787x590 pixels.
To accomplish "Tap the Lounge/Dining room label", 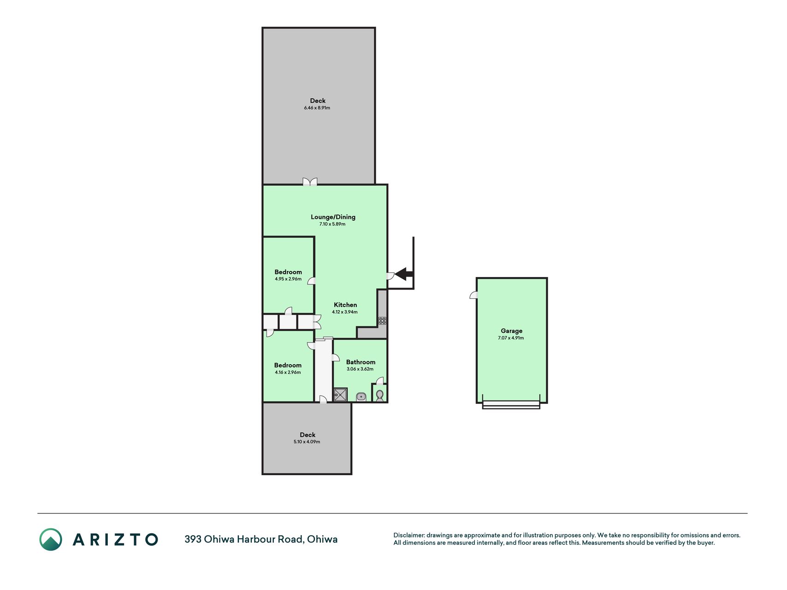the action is coord(333,217).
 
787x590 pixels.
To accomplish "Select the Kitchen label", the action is coord(345,305).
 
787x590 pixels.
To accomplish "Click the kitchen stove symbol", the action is coord(382,321).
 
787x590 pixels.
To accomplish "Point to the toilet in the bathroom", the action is coord(379,395).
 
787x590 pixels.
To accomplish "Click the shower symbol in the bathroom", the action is coord(340,395).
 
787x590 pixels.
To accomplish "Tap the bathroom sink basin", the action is coord(361,396).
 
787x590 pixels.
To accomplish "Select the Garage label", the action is coord(512,331).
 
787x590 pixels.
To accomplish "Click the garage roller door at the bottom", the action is coord(511,404).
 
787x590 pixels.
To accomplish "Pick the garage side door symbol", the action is coord(473,295).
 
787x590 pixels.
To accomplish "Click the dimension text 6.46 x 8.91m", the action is coord(317,108).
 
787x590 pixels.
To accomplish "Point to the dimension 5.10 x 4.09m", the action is coord(307,442).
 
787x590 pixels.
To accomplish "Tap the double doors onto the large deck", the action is coord(310,182).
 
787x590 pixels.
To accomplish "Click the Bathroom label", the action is coord(361,362).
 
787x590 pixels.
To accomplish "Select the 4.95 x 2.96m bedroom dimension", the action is coord(288,279).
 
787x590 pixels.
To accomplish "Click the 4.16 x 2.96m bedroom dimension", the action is coord(288,372).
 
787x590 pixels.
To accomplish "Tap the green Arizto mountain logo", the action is coord(51,539).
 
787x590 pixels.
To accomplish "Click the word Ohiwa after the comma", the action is coord(322,539).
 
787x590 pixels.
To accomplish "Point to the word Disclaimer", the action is coord(409,535).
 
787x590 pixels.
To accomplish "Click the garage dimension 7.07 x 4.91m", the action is coord(511,338).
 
